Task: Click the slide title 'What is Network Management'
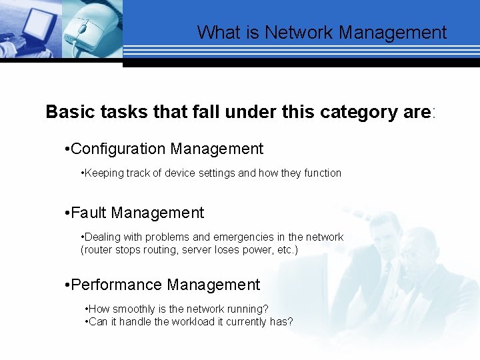coord(321,32)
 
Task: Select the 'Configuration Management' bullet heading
coord(167,149)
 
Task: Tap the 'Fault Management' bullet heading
coord(137,213)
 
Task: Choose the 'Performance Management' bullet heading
coord(165,285)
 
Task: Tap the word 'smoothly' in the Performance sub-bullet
coord(134,309)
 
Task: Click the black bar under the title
coord(301,63)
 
